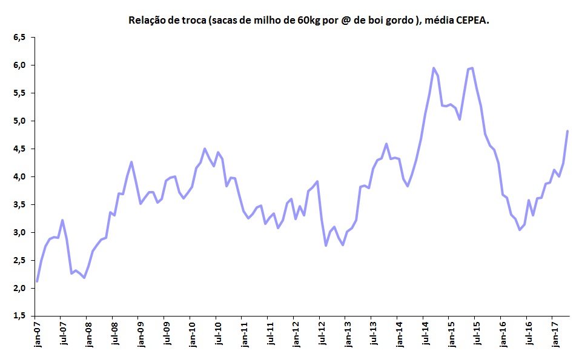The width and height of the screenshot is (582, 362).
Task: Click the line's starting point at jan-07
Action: [x=37, y=281]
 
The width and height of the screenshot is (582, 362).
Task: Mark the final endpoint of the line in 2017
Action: [x=567, y=131]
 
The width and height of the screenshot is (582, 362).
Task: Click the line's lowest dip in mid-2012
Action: [x=326, y=246]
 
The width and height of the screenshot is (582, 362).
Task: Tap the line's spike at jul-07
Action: [x=62, y=220]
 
